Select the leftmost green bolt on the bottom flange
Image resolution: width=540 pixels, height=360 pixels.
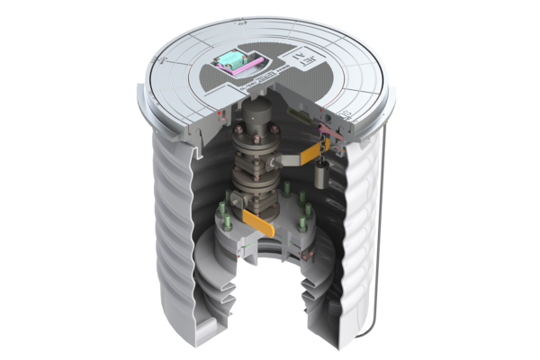click(222, 216)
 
